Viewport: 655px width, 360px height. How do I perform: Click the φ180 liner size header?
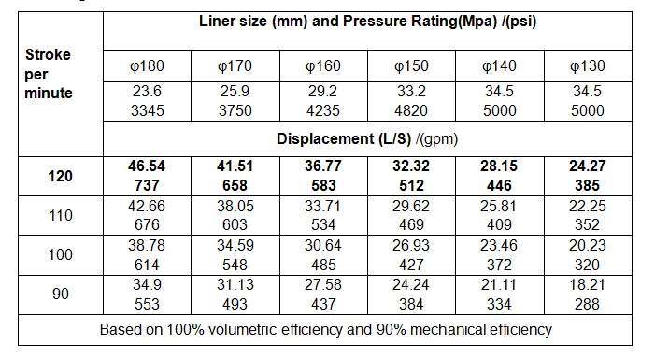(x=147, y=65)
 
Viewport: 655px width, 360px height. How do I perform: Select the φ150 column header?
(x=411, y=65)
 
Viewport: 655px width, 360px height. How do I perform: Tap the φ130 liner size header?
(x=587, y=65)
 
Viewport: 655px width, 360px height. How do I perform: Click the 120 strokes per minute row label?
(x=60, y=176)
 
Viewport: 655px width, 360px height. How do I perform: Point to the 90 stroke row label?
(x=60, y=295)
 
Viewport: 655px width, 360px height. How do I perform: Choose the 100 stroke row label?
(x=60, y=255)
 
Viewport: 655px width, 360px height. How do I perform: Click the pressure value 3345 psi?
(x=147, y=110)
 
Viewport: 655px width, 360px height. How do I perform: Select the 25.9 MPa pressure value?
(x=235, y=92)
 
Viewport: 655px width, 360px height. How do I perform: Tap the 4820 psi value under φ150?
(x=411, y=110)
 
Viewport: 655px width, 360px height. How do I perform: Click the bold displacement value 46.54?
(x=147, y=166)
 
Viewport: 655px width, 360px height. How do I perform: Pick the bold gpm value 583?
(x=323, y=185)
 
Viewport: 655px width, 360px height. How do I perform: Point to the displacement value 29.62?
(x=411, y=206)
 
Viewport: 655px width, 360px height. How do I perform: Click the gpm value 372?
(x=499, y=265)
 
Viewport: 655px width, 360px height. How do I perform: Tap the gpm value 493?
(x=235, y=304)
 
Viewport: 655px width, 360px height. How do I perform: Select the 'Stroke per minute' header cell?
(x=49, y=74)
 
